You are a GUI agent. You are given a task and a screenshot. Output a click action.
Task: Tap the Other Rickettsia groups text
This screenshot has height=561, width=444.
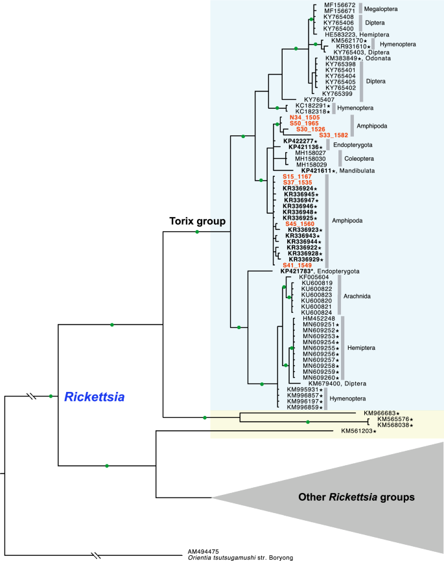pos(356,498)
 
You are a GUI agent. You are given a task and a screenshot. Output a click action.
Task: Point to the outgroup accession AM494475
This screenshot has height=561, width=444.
pos(204,551)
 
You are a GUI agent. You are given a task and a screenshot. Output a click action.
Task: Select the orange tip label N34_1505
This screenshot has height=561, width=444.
pos(314,118)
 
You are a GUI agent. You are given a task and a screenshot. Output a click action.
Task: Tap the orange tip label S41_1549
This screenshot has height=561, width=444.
pos(297,265)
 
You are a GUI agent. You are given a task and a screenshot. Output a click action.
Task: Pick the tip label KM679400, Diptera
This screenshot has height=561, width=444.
pos(338,384)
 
